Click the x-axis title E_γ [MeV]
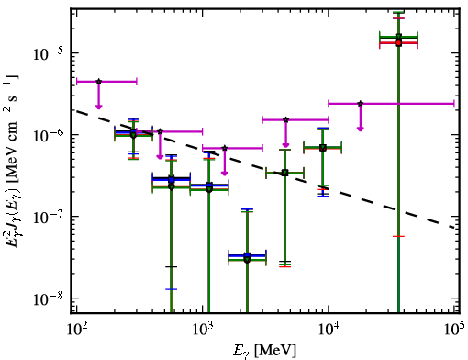264,350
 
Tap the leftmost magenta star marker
98,82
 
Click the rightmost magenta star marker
361,104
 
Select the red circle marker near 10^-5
398,43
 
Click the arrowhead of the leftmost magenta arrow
98,107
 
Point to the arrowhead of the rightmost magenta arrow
361,129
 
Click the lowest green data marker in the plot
247,260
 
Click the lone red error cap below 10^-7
398,236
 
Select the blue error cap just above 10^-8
171,289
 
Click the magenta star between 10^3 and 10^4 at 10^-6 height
285,119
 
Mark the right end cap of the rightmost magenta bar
454,104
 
